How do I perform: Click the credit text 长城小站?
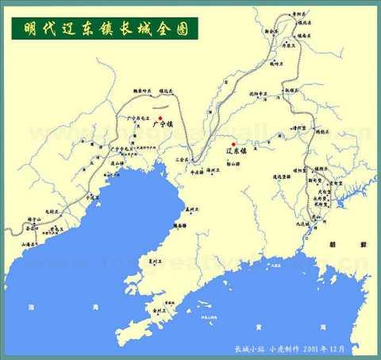(247, 347)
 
